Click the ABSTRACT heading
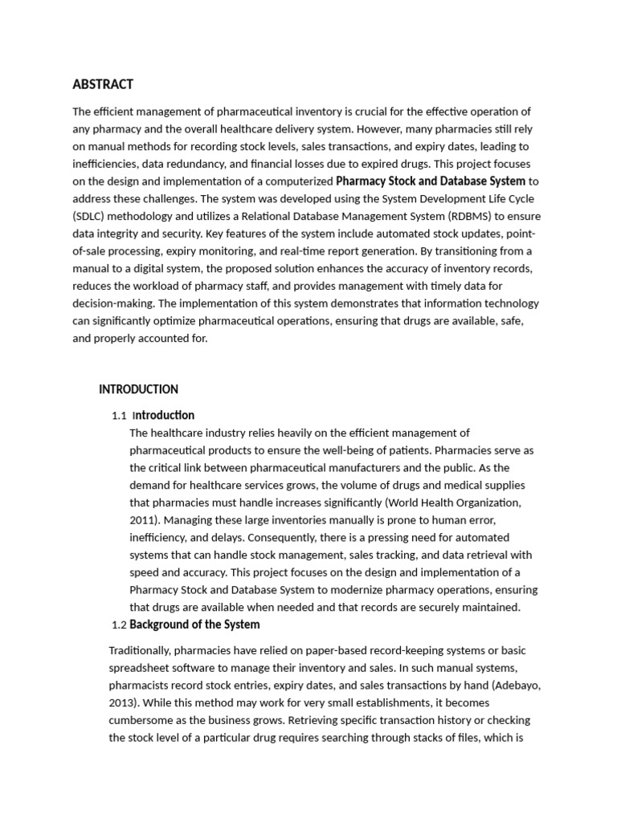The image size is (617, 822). (103, 84)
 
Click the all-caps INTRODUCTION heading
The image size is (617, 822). (138, 389)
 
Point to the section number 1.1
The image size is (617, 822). (120, 416)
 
